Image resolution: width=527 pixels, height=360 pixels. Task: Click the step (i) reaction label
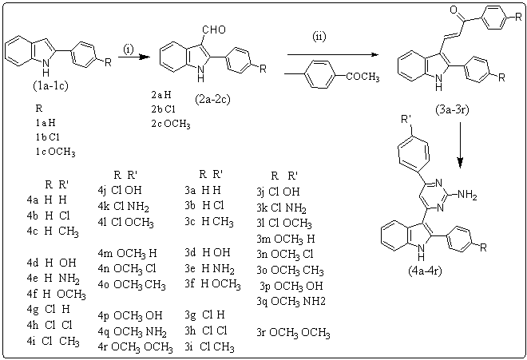pyautogui.click(x=129, y=49)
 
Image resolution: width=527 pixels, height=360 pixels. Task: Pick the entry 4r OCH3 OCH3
pyautogui.click(x=136, y=346)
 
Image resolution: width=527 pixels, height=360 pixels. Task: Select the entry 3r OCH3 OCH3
pyautogui.click(x=295, y=332)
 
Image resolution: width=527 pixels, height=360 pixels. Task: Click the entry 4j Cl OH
pyautogui.click(x=131, y=190)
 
